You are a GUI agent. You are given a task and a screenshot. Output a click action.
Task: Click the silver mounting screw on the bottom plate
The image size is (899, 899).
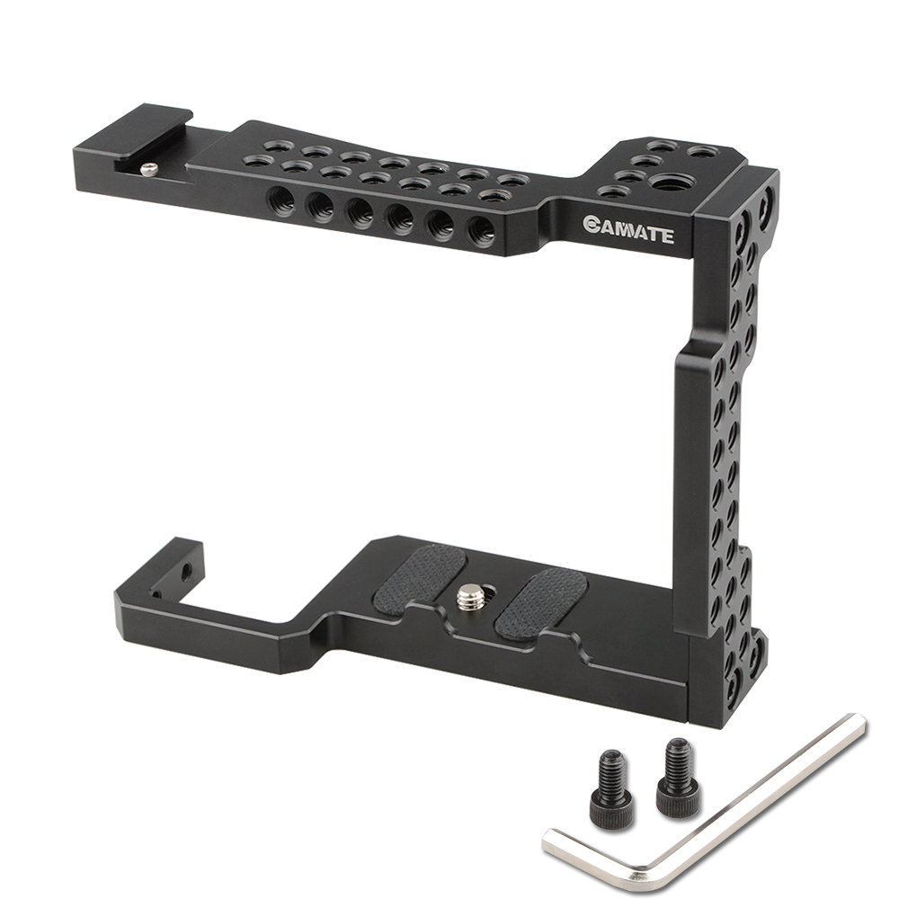click(467, 594)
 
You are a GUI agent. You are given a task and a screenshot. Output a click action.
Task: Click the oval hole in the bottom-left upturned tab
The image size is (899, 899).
click(187, 570)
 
